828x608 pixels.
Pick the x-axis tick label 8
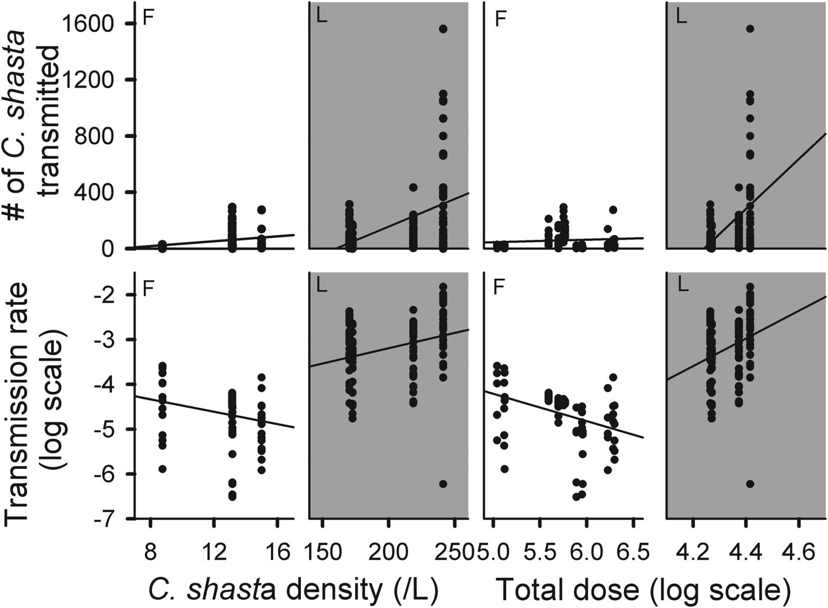click(x=150, y=552)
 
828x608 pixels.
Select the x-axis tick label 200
click(x=388, y=552)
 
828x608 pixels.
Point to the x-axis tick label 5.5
click(x=540, y=552)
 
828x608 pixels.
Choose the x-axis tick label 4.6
click(x=799, y=552)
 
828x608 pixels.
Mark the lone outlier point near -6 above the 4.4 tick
click(x=750, y=484)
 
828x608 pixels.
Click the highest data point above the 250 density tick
click(x=443, y=29)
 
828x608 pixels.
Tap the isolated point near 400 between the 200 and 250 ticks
click(x=413, y=187)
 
